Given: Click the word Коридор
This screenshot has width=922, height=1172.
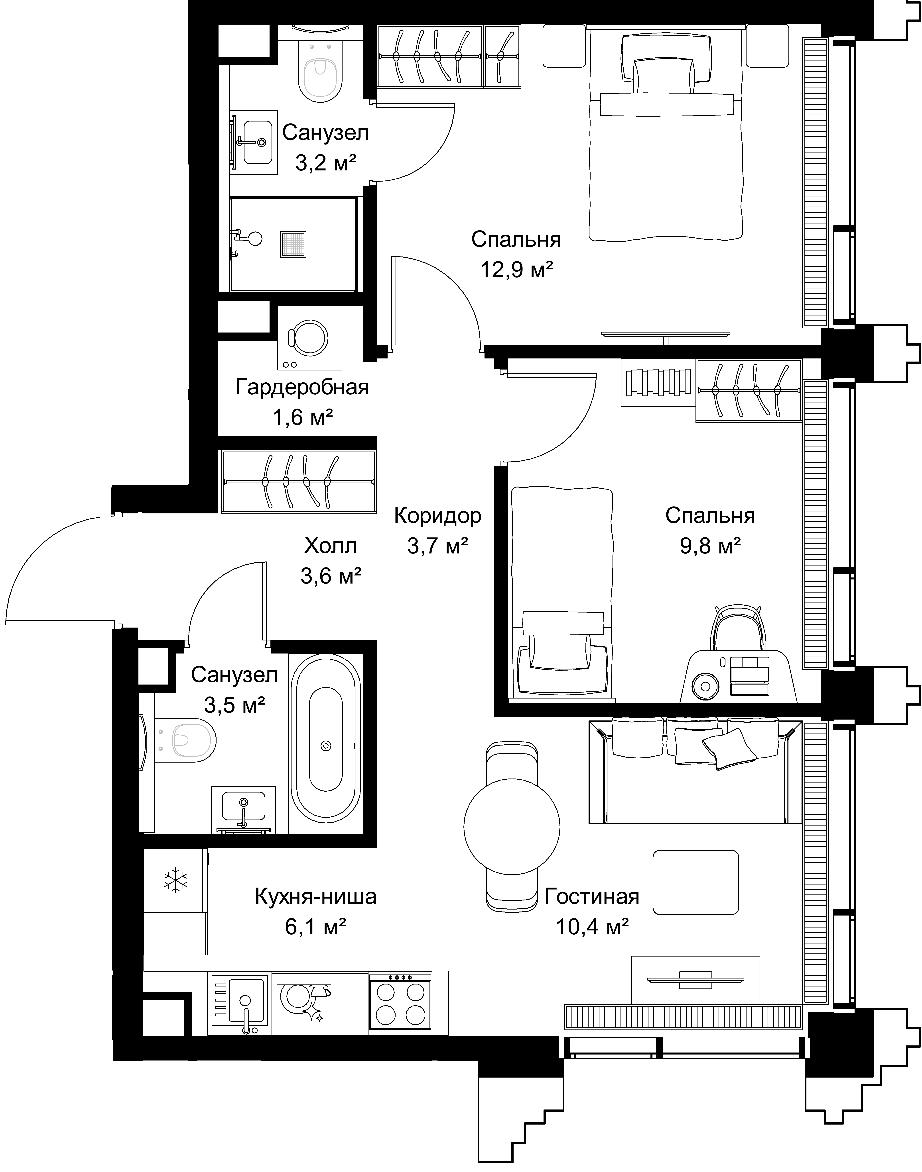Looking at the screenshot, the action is (438, 516).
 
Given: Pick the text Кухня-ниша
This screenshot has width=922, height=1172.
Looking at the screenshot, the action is (316, 897).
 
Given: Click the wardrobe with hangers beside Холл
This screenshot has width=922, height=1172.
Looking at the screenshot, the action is (299, 481).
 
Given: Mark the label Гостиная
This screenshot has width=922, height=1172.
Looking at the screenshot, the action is (592, 897).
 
